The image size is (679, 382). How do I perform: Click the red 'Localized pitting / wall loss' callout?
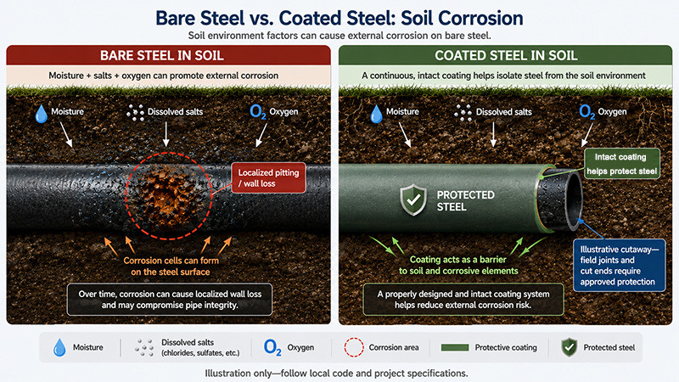[268, 177]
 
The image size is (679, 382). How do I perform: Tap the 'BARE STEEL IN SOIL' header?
[162, 55]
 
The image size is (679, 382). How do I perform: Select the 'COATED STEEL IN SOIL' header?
[506, 55]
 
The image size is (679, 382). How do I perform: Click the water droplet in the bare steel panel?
[41, 114]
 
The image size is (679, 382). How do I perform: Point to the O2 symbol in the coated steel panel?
[586, 112]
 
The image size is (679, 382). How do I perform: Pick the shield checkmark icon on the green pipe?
[413, 199]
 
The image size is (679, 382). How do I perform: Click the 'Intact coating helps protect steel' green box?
[622, 164]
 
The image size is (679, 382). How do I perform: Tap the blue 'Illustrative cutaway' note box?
[620, 265]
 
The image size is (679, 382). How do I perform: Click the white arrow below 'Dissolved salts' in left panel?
[166, 134]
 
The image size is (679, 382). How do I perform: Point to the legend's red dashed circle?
[354, 347]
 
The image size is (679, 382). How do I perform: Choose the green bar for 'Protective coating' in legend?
[455, 347]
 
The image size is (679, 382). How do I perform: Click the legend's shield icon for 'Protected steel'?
[569, 347]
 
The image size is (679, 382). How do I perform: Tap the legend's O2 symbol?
[272, 347]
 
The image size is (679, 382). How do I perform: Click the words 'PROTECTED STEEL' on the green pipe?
[465, 201]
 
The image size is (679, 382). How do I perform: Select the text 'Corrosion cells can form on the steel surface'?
[171, 267]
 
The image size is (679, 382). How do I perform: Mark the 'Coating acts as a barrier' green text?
[458, 260]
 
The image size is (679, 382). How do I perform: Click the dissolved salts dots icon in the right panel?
[463, 113]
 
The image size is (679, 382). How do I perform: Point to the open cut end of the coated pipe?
[560, 199]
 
